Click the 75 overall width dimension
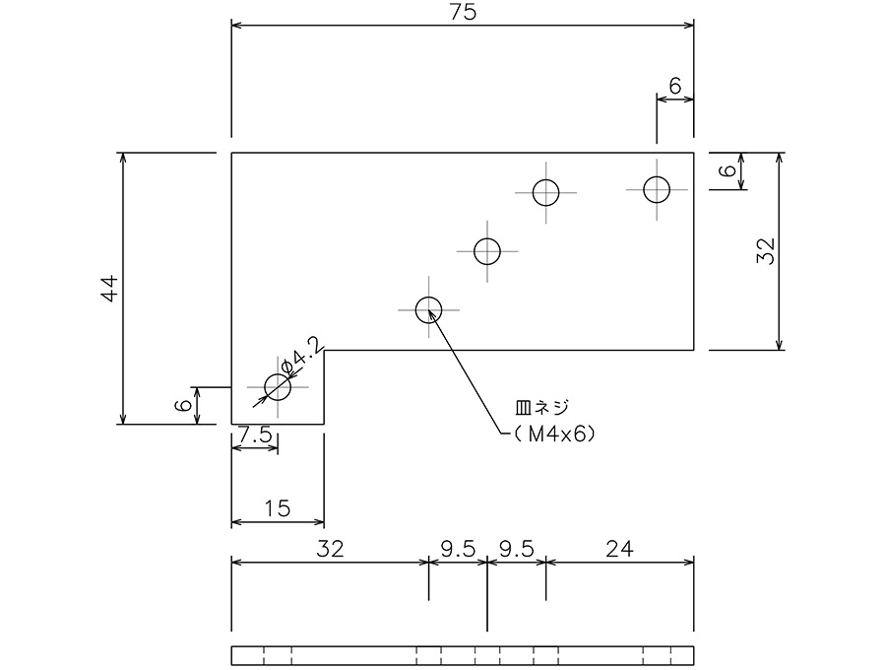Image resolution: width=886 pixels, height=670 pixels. pyautogui.click(x=463, y=13)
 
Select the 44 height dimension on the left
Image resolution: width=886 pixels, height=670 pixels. pyautogui.click(x=109, y=289)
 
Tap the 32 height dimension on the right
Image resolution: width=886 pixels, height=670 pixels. pyautogui.click(x=766, y=251)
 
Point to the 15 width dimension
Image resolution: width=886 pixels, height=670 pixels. pyautogui.click(x=278, y=508)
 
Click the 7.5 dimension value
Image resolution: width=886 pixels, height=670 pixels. pyautogui.click(x=255, y=435)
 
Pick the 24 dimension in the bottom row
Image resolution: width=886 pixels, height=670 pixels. pyautogui.click(x=619, y=549)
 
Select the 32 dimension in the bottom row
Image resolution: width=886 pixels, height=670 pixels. pyautogui.click(x=330, y=549)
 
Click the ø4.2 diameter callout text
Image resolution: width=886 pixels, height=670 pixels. pyautogui.click(x=303, y=356)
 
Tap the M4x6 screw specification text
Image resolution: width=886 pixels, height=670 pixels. pyautogui.click(x=554, y=434)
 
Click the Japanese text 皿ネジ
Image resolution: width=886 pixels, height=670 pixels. pyautogui.click(x=541, y=407)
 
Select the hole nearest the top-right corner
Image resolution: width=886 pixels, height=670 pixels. pyautogui.click(x=657, y=189)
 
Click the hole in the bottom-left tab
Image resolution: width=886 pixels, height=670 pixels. pyautogui.click(x=278, y=387)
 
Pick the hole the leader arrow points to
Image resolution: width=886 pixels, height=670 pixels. pyautogui.click(x=429, y=309)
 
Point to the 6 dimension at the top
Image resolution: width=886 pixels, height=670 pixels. pyautogui.click(x=675, y=86)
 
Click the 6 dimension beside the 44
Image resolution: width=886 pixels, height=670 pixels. pyautogui.click(x=182, y=405)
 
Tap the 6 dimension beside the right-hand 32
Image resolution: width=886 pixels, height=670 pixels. pyautogui.click(x=728, y=170)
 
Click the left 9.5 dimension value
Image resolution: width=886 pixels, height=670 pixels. pyautogui.click(x=458, y=549)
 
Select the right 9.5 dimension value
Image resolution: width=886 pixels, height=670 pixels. pyautogui.click(x=517, y=549)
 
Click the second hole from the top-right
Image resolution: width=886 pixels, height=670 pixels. pyautogui.click(x=545, y=193)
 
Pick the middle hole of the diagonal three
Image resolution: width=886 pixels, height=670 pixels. pyautogui.click(x=487, y=251)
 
